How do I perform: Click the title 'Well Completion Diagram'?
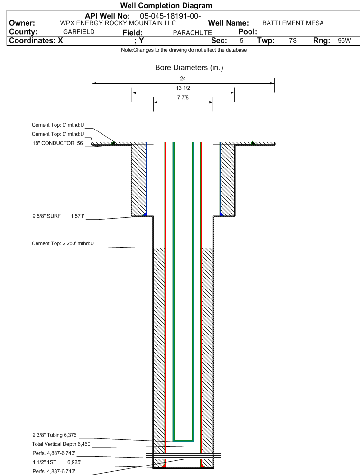166,5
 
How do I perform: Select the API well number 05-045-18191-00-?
170,16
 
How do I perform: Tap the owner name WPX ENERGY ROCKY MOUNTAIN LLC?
118,23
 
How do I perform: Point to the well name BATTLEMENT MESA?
293,23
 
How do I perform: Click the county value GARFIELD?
79,32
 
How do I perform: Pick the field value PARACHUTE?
192,33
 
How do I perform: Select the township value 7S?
293,41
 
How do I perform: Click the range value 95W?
344,41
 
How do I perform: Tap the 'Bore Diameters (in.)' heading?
189,67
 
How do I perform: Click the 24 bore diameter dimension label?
183,78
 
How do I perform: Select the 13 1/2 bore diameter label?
183,88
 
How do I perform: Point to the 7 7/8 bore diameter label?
183,97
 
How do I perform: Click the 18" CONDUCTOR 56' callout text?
58,143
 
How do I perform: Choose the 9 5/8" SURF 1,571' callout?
58,216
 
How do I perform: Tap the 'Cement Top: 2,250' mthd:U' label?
63,243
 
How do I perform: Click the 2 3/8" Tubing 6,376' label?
55,435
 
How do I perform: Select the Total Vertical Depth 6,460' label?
62,444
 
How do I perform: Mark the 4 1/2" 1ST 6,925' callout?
56,462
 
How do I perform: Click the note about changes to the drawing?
184,50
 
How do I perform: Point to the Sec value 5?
241,41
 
